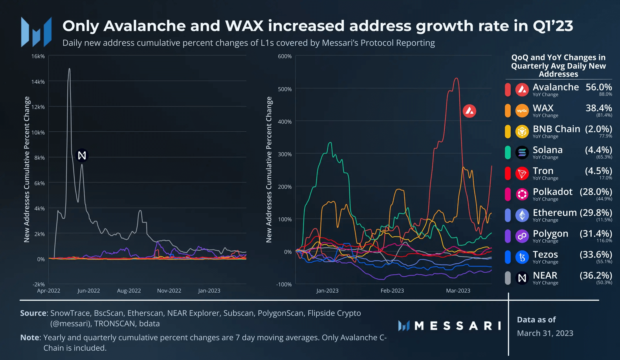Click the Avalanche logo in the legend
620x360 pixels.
tap(522, 90)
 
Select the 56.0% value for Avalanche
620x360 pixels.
tap(599, 87)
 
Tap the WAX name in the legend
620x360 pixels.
tap(543, 108)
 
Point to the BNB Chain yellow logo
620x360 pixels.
tap(522, 132)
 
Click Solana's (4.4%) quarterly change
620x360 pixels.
tap(598, 150)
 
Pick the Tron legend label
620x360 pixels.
tap(543, 171)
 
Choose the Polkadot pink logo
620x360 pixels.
tap(522, 194)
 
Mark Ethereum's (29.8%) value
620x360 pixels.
tap(596, 212)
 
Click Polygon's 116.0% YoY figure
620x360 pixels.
tap(604, 240)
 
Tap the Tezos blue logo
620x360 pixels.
tap(522, 257)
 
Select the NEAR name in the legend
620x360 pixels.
tap(545, 275)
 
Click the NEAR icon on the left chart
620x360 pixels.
tap(82, 155)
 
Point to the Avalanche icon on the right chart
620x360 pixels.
tap(469, 111)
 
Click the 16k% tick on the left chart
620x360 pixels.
tap(38, 56)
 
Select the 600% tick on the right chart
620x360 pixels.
tap(285, 56)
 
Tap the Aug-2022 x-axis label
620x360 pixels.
tap(129, 291)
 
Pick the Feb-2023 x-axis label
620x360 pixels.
tap(392, 291)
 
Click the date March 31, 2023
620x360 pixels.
tap(545, 333)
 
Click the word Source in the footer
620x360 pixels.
tap(33, 313)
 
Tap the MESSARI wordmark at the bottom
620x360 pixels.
tap(457, 326)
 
